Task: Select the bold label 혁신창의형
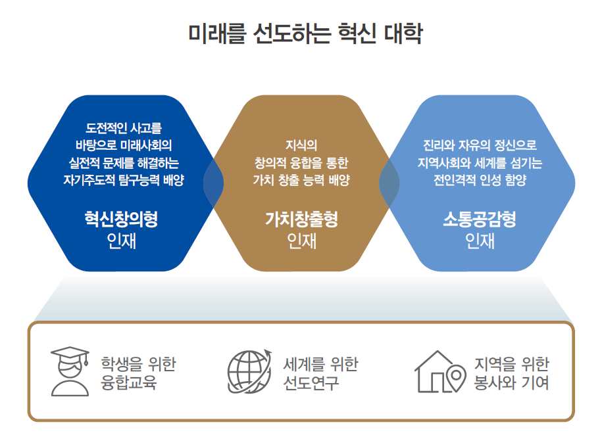point(121,219)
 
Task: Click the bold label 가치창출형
point(301,219)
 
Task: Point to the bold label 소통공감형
point(480,219)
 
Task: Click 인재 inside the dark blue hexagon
point(121,241)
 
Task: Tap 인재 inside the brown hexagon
point(301,241)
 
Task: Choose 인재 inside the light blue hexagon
point(480,241)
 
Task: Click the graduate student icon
point(70,371)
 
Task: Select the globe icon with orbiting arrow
point(249,371)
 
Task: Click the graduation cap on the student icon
point(70,355)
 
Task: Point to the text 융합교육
point(128,382)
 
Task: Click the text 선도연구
point(311,382)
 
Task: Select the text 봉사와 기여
point(511,382)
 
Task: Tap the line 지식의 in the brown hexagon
point(301,145)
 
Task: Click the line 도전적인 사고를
point(124,127)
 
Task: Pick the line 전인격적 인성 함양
point(480,179)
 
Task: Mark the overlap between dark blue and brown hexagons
point(213,183)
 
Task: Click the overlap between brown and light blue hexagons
point(389,183)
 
